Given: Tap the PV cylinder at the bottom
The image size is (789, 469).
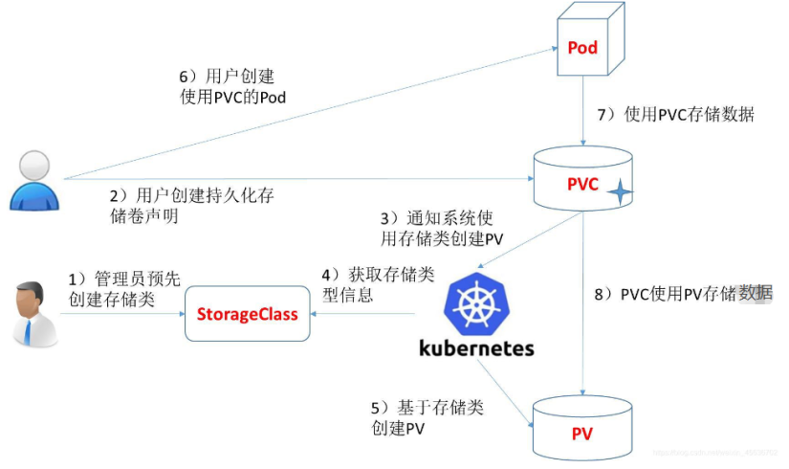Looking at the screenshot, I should click(582, 433).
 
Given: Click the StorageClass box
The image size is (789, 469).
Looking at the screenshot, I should click(247, 314).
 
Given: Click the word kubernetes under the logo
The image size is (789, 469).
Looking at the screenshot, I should click(476, 347).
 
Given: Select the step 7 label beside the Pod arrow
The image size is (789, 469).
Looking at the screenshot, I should click(675, 116).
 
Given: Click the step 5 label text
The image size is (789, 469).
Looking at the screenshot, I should click(426, 418).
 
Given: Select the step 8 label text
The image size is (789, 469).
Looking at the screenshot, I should click(683, 294).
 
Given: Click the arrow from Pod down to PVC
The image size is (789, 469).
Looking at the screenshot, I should click(582, 115).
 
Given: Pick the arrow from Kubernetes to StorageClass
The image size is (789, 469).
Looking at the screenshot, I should click(363, 314).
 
